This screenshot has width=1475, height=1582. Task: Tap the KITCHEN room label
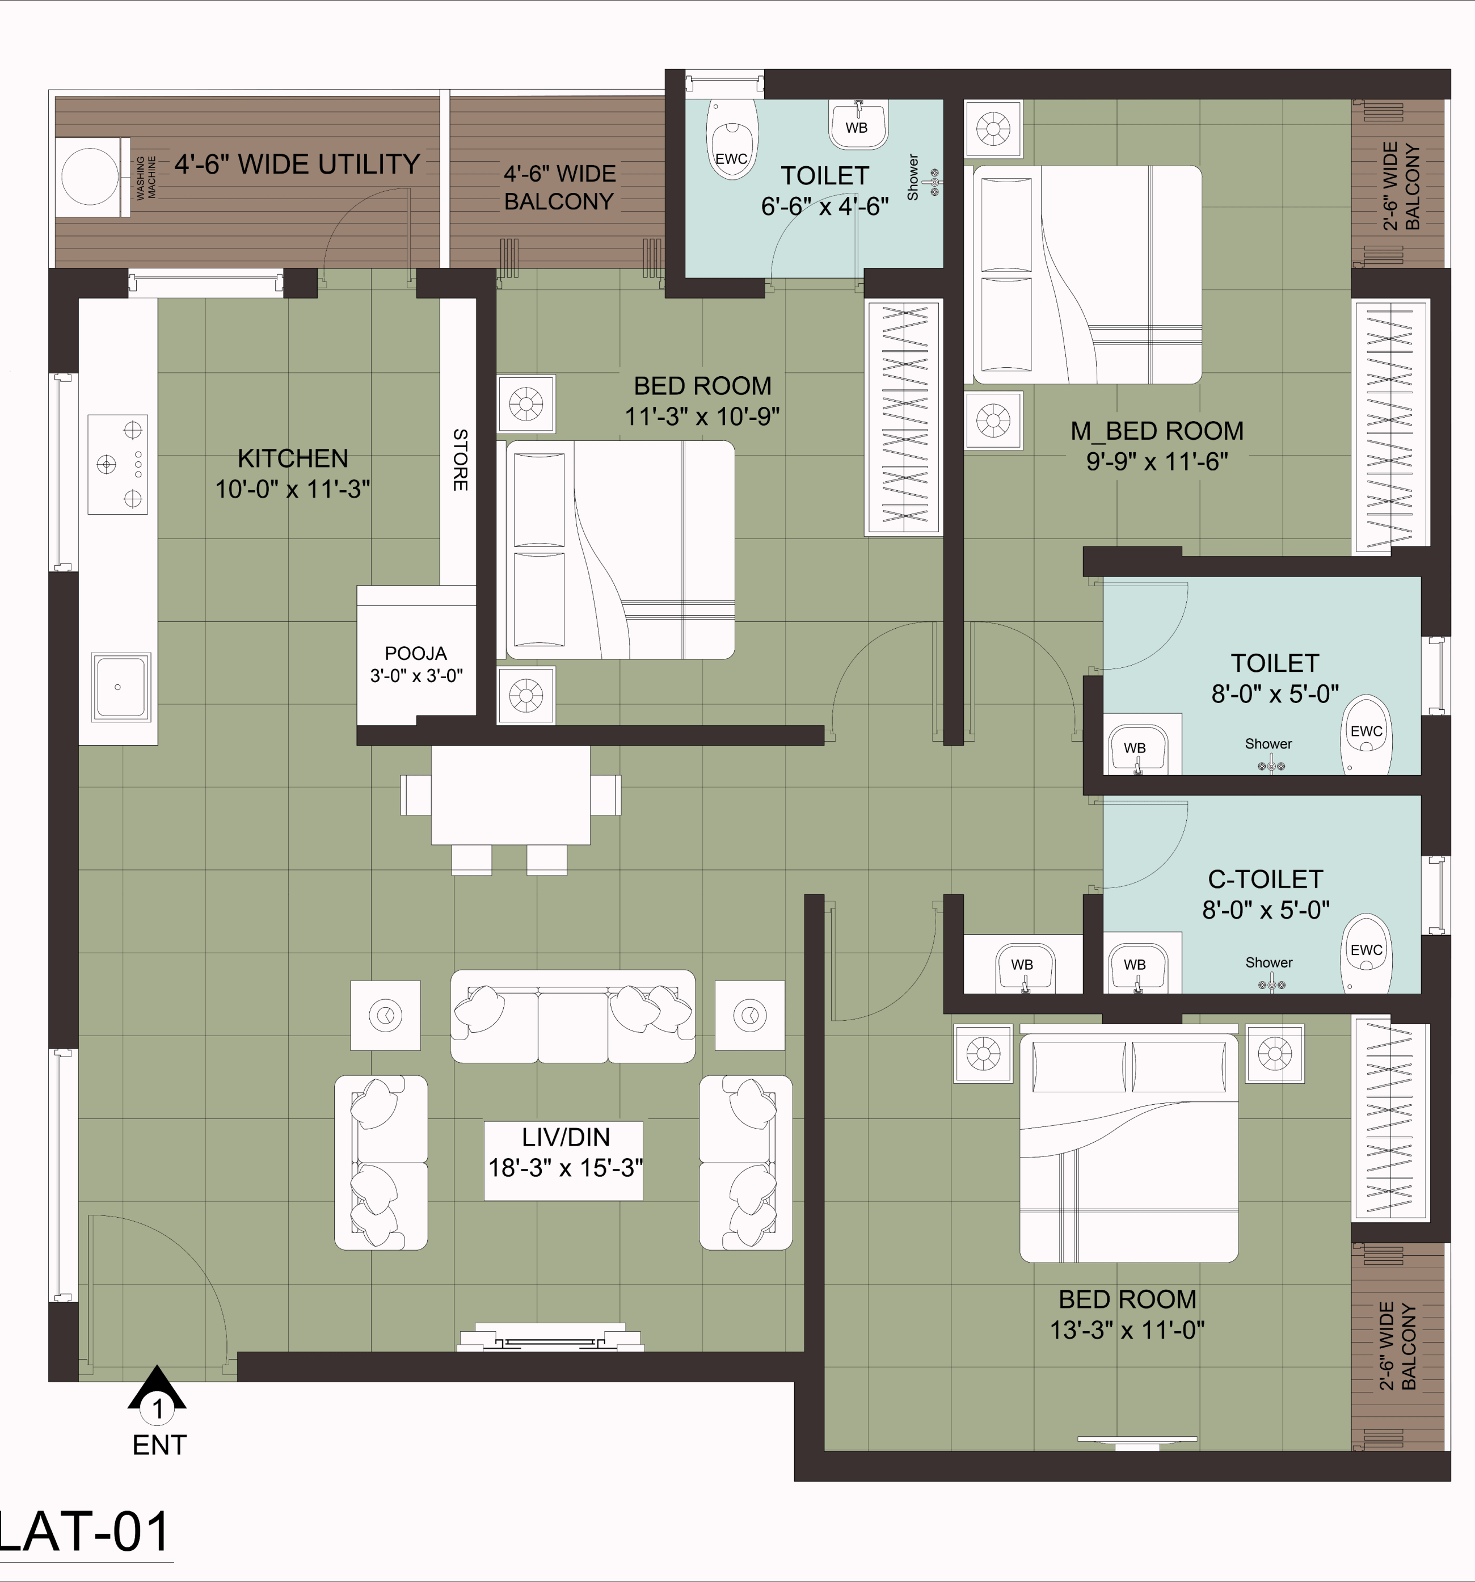pos(293,458)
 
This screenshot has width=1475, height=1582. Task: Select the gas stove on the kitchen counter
pos(118,464)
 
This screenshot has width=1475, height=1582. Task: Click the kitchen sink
pos(121,687)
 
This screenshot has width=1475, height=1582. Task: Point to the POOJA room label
pos(415,653)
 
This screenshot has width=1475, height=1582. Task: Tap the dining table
pos(511,794)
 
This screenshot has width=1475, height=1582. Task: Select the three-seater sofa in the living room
pos(573,1016)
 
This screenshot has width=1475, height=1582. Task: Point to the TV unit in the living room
pos(550,1337)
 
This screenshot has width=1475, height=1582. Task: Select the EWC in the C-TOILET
pos(1366,953)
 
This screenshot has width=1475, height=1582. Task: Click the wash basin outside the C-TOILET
pos(1023,967)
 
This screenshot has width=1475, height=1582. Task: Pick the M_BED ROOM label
pos(1157,431)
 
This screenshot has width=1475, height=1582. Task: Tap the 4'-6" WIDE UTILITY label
pos(297,164)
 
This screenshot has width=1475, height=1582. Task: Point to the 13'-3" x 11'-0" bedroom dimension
pos(1127,1329)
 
